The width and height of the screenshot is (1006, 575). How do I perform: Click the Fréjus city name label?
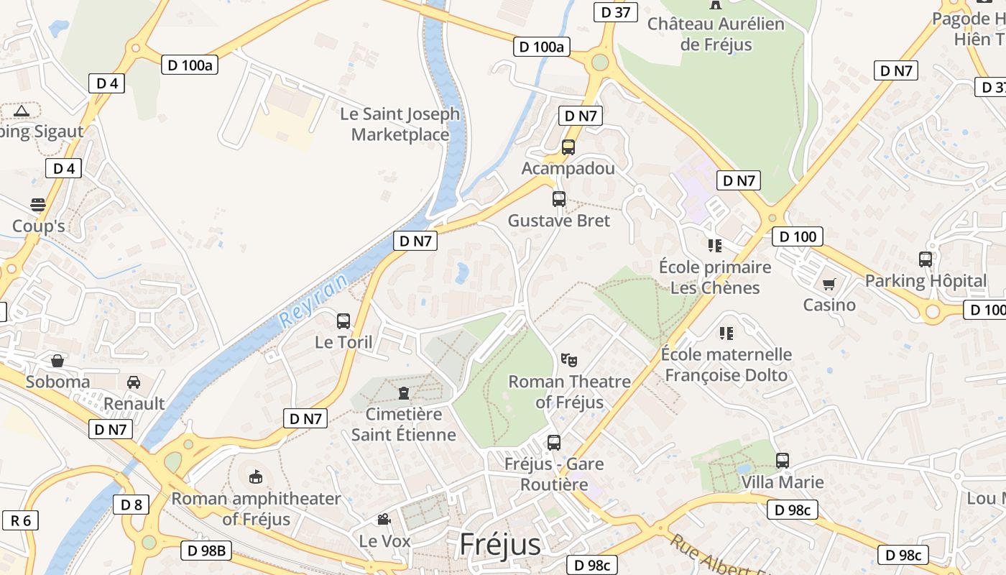[x=500, y=545]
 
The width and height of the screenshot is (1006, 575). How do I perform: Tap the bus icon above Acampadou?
[x=568, y=147]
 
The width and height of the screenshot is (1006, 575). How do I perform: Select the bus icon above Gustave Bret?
[x=558, y=199]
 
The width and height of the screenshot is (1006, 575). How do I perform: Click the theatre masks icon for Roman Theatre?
[x=569, y=359]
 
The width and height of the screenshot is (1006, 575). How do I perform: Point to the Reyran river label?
[x=314, y=300]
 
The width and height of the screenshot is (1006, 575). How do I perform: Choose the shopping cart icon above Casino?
[x=829, y=284]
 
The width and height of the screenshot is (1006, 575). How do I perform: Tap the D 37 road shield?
[x=616, y=12]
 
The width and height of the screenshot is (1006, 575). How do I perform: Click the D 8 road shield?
[x=131, y=505]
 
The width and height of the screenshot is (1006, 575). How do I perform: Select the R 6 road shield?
[x=20, y=520]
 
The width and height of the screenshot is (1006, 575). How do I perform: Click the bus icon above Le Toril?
[x=343, y=321]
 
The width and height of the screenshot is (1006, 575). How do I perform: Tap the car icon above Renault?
[x=134, y=382]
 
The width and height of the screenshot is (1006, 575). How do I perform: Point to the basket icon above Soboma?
[x=57, y=360]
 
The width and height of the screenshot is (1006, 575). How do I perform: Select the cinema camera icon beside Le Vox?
[x=384, y=519]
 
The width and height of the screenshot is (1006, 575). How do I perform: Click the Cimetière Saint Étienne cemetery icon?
[x=403, y=392]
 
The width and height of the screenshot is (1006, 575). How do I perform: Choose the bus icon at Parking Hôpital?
[x=926, y=259]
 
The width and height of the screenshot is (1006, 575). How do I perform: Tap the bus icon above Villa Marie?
[x=783, y=460]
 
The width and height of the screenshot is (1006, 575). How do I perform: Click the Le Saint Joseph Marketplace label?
[x=400, y=124]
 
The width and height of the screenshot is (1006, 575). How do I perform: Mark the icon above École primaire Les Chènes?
[x=714, y=246]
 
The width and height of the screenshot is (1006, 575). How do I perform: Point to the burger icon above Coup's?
[x=38, y=205]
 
